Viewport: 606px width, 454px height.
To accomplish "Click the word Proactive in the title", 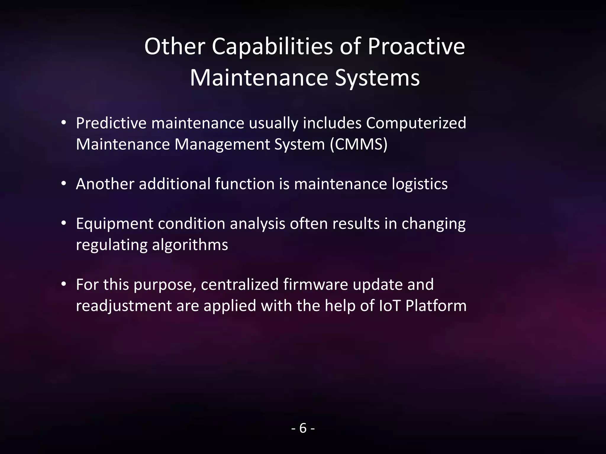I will tap(416, 47).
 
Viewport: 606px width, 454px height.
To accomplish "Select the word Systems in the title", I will tap(377, 78).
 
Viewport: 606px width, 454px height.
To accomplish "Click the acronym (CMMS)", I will tap(359, 144).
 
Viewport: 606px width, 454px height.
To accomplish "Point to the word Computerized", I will tap(416, 123).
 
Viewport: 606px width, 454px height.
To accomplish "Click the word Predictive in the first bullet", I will tap(111, 123).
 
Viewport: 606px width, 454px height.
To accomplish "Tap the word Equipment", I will tap(115, 224).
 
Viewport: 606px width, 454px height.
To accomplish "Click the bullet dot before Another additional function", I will tap(63, 184).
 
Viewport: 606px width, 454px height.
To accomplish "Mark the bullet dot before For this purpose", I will tap(63, 284).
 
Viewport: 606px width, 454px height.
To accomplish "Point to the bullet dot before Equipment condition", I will tap(63, 223).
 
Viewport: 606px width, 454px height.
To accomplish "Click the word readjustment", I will tap(124, 306).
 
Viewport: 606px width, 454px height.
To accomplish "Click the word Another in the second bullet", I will tap(105, 184).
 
